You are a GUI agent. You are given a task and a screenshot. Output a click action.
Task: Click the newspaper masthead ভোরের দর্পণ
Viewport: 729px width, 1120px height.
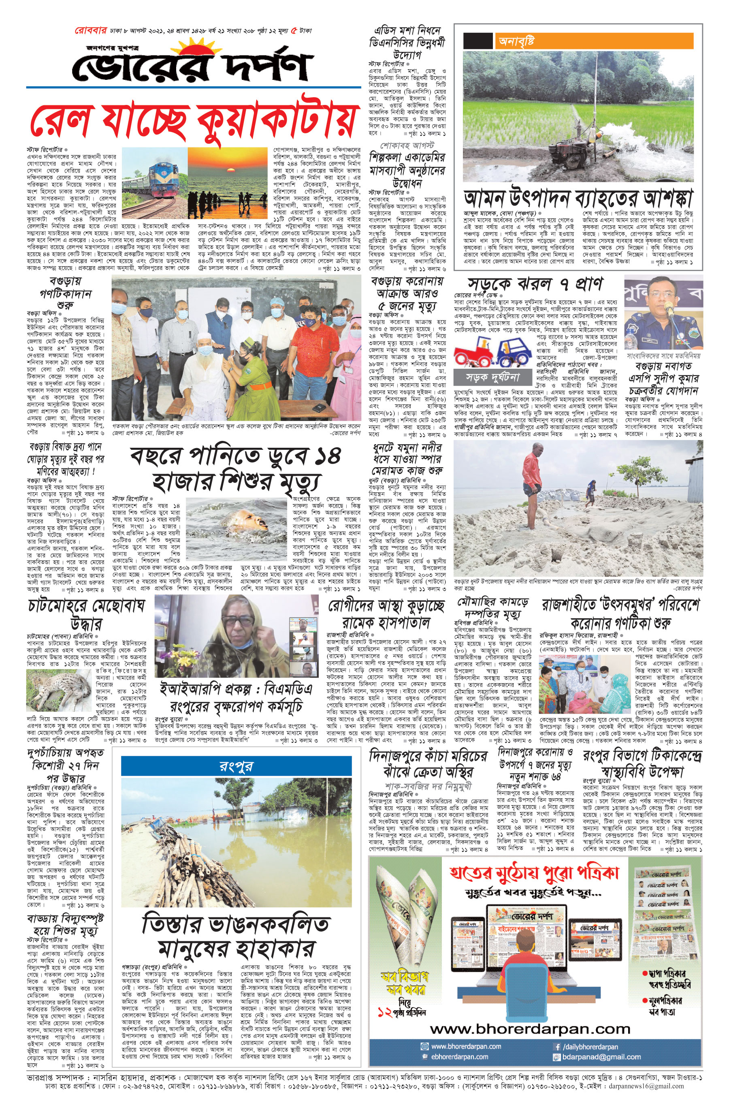point(193,66)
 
